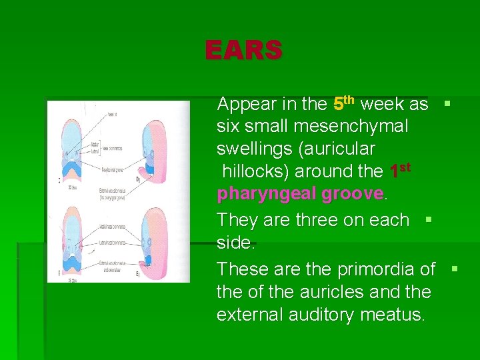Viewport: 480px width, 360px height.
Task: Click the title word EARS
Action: point(243,50)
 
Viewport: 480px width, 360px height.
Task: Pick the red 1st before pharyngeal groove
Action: point(400,170)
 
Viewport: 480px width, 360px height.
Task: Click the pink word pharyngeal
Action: point(266,194)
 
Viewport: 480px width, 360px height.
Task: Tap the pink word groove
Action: point(352,194)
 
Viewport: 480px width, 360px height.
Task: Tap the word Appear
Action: point(246,104)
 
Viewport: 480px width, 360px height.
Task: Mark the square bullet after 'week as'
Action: point(447,103)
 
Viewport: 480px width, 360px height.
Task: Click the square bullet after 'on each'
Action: point(429,219)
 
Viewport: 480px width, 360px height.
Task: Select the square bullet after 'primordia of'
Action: point(455,269)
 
